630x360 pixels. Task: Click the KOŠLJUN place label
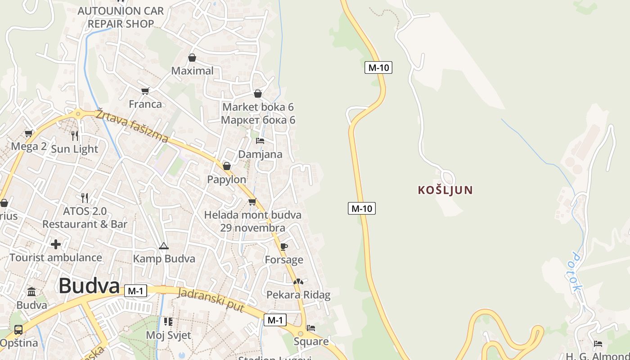[x=445, y=190]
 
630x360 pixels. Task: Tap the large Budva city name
[x=89, y=286]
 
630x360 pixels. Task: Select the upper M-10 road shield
[x=378, y=67]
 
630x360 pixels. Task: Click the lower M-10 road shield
[x=361, y=208]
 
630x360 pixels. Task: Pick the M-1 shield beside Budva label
[x=135, y=291]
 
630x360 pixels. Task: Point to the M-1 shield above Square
[x=274, y=320]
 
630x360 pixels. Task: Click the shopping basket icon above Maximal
[x=192, y=58]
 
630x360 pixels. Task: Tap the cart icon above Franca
[x=145, y=91]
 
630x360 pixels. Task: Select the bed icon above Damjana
[x=260, y=141]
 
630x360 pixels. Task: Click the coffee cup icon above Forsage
[x=283, y=247]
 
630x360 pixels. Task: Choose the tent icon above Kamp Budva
[x=163, y=246]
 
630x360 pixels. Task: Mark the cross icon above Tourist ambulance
[x=55, y=244]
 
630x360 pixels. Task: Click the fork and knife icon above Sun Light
[x=75, y=135]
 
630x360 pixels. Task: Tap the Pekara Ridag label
[x=298, y=295]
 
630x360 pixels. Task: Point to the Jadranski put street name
[x=211, y=300]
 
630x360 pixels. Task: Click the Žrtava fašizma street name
[x=132, y=126]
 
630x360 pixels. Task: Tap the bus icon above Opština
[x=18, y=330]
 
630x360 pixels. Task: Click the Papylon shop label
[x=226, y=180]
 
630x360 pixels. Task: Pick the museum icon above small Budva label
[x=31, y=292]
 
